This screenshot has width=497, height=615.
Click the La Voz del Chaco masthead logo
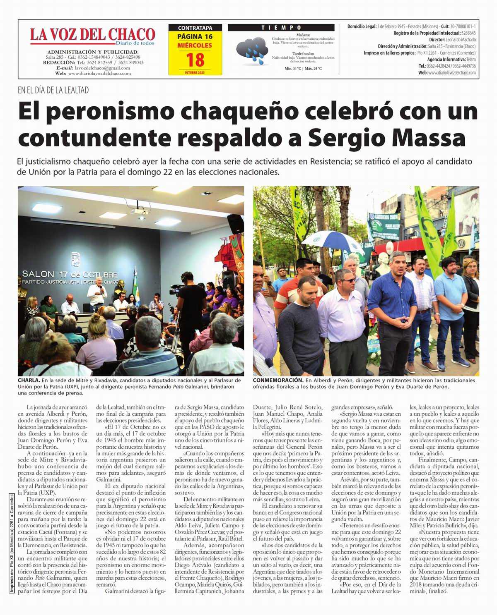(x=92, y=35)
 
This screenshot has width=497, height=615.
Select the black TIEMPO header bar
(x=281, y=27)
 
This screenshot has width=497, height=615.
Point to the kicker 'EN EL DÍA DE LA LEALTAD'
(x=53, y=90)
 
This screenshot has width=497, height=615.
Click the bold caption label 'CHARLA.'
(x=29, y=380)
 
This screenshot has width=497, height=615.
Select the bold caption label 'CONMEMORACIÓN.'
(x=278, y=380)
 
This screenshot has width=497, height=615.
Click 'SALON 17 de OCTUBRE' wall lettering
(x=70, y=274)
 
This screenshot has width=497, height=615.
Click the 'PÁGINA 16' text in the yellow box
(x=195, y=37)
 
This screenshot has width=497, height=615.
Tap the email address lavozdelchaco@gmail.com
(x=101, y=68)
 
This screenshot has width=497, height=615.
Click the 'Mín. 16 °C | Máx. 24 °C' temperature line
(x=303, y=69)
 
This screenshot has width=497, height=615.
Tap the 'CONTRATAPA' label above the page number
(x=195, y=28)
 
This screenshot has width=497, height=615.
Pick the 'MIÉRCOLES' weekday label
(x=195, y=45)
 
